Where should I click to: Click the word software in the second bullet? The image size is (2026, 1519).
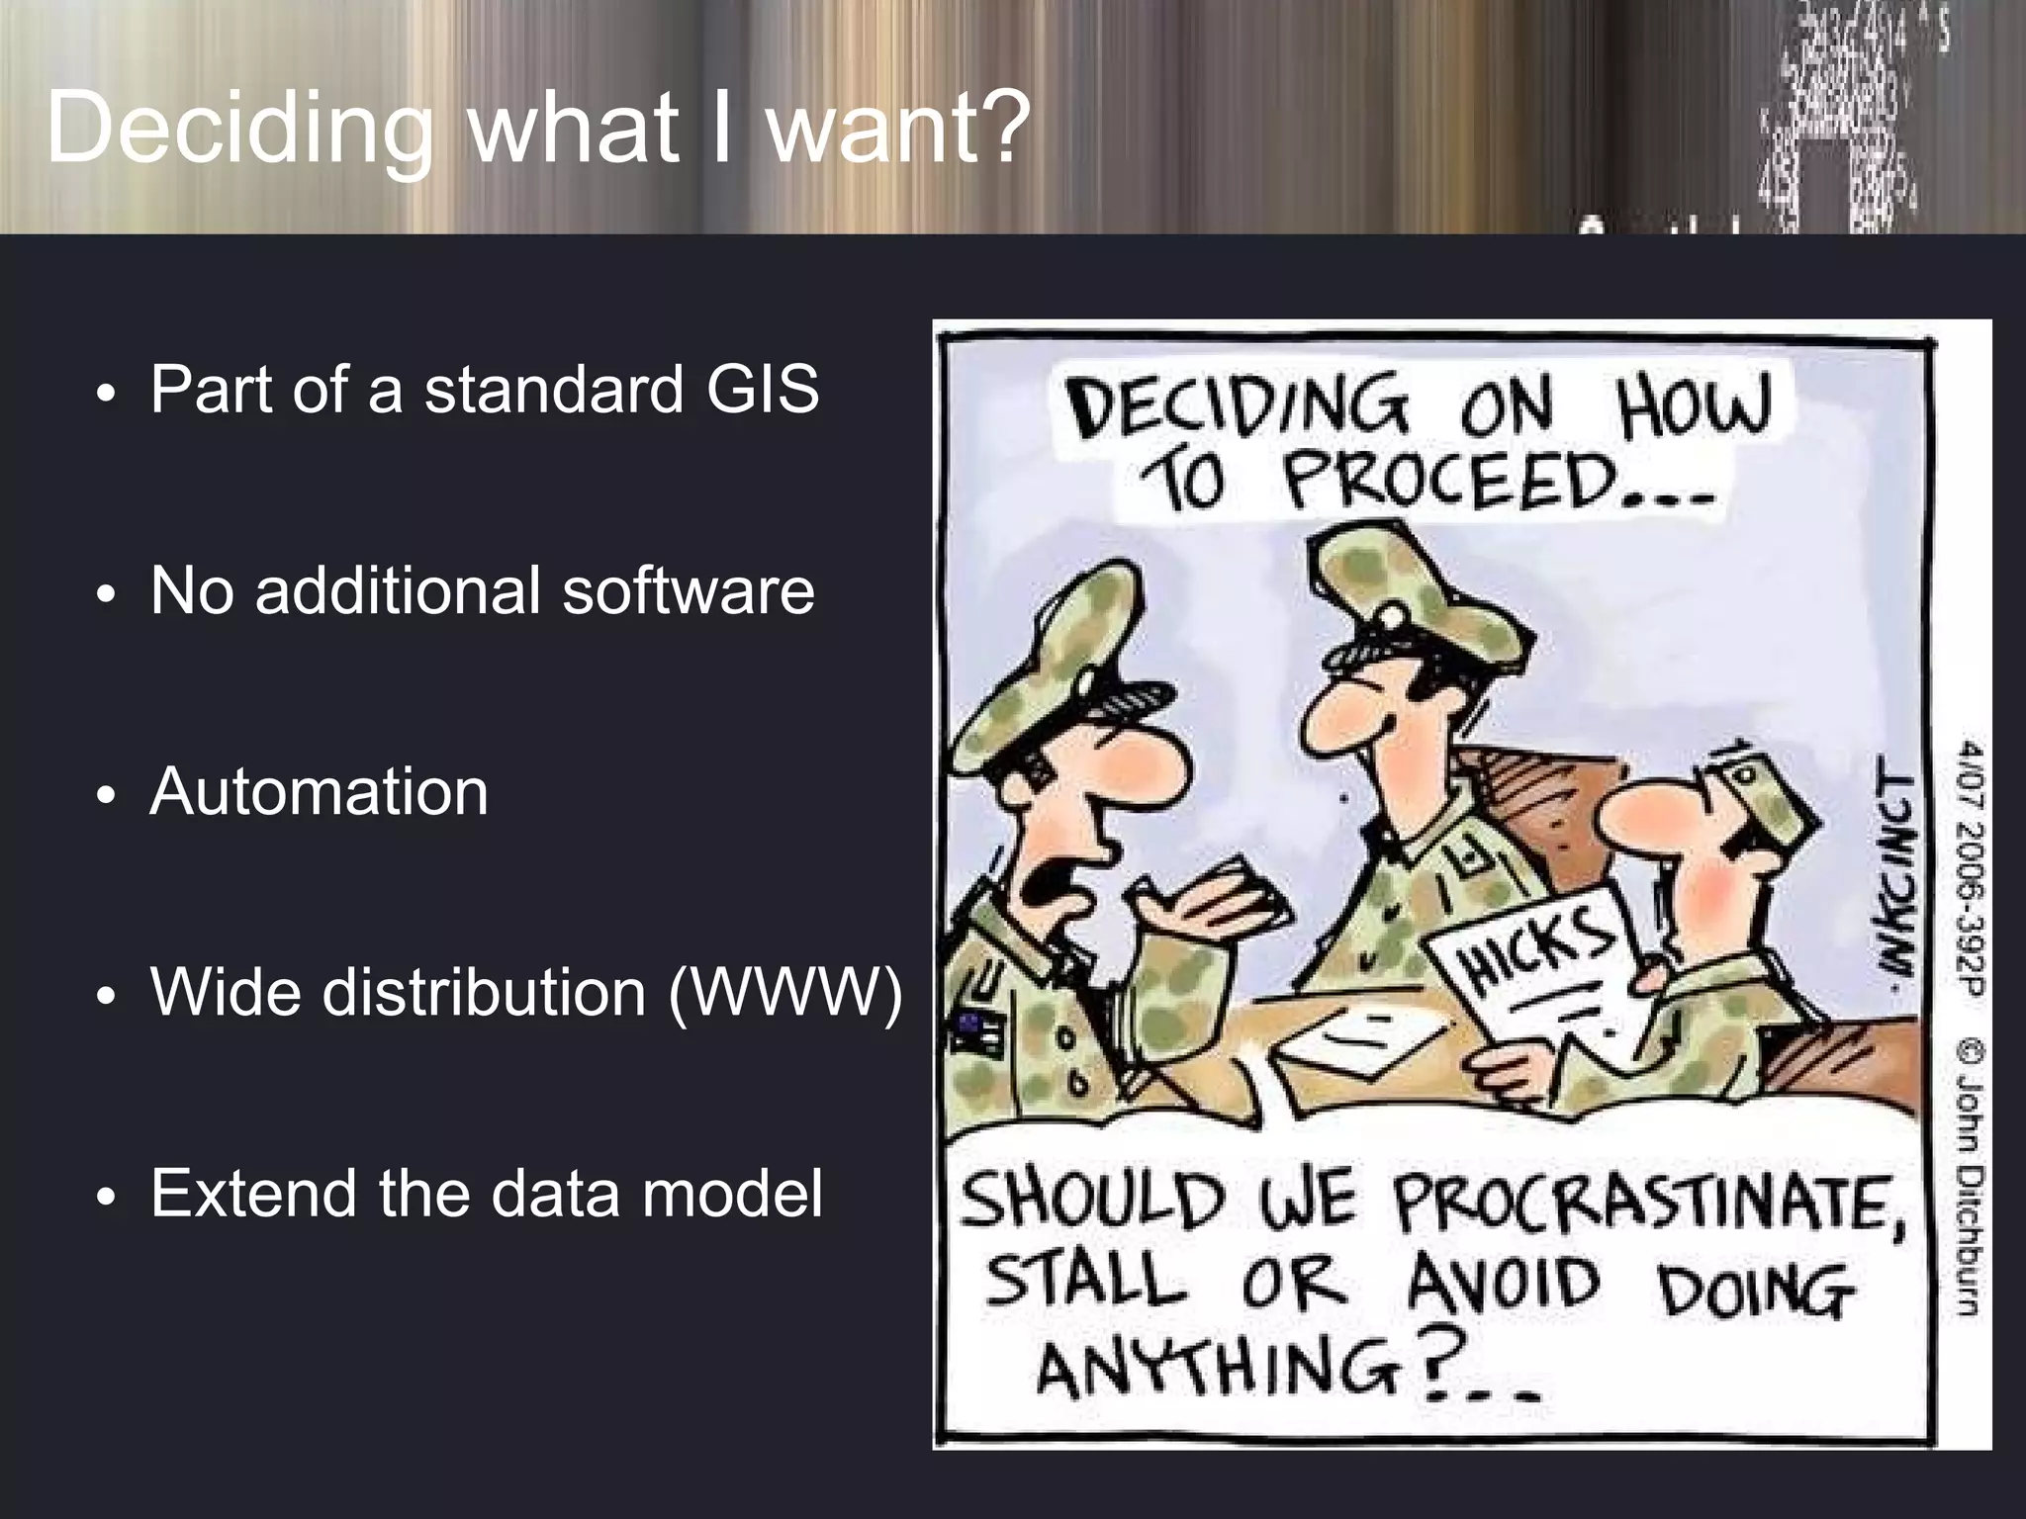[x=689, y=590]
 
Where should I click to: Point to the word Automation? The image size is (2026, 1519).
[x=319, y=792]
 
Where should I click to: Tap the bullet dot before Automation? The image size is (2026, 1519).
[x=106, y=797]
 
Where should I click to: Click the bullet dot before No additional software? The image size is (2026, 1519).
[x=106, y=595]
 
